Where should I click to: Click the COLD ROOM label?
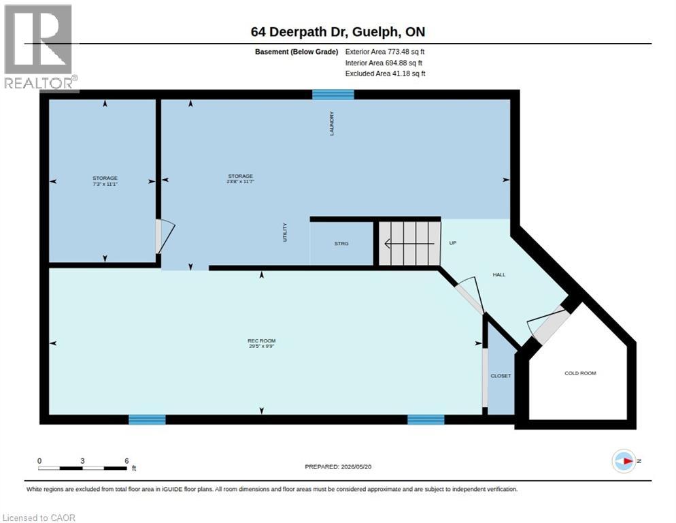click(x=580, y=373)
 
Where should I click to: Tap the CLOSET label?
click(x=501, y=376)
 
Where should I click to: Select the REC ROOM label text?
click(x=262, y=340)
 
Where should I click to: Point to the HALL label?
click(x=498, y=274)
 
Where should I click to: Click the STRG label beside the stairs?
click(x=341, y=244)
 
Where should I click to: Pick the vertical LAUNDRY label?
click(x=331, y=123)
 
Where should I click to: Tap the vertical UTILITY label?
click(x=284, y=232)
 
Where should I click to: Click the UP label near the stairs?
click(x=453, y=242)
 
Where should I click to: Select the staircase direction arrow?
click(x=409, y=244)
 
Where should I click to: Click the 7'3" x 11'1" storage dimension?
click(x=105, y=184)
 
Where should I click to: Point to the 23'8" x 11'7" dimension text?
click(x=241, y=182)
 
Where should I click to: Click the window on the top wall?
click(x=333, y=95)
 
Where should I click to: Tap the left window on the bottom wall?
click(x=147, y=419)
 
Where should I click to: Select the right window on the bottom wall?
click(x=426, y=419)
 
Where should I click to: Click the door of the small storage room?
click(x=165, y=237)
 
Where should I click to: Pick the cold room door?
click(x=547, y=321)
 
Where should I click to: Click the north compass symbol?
click(x=624, y=461)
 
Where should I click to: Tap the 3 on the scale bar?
click(x=82, y=461)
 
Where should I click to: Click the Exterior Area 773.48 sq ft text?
click(x=384, y=52)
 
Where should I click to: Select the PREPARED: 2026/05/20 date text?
click(x=338, y=467)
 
